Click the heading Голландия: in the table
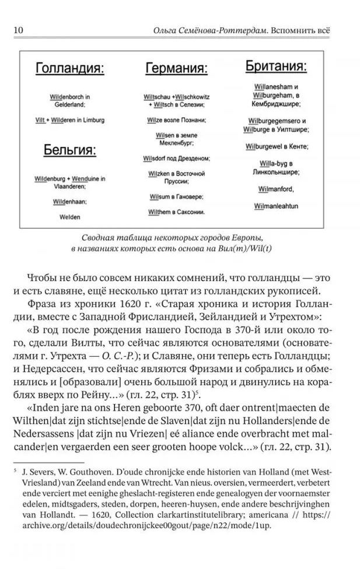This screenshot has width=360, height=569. pyautogui.click(x=69, y=69)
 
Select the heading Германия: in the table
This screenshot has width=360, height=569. pyautogui.click(x=176, y=69)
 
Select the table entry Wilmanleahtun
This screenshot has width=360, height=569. pyautogui.click(x=276, y=206)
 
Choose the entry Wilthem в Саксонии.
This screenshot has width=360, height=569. pyautogui.click(x=176, y=212)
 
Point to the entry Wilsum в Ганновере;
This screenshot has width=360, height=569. pyautogui.click(x=175, y=196)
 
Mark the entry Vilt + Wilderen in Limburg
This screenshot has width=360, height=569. pyautogui.click(x=69, y=120)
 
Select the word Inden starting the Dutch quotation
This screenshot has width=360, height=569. pyautogui.click(x=42, y=406)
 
